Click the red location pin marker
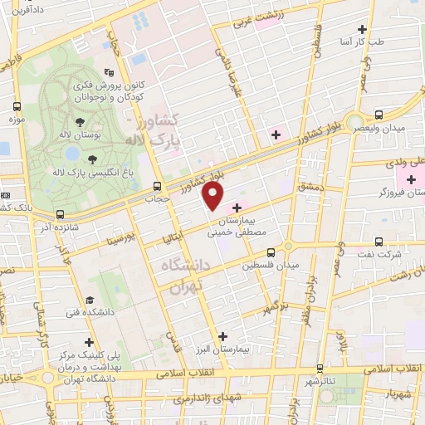[x=213, y=195]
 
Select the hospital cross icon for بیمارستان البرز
[x=222, y=336]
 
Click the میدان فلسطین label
[x=270, y=266]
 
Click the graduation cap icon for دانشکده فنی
[x=92, y=300]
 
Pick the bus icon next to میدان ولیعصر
[x=379, y=115]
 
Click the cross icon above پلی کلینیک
[x=89, y=342]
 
